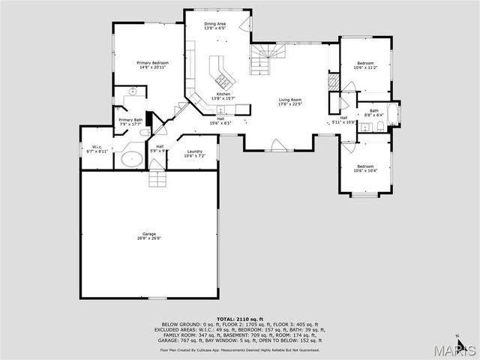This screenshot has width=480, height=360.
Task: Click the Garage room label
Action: click(x=149, y=236)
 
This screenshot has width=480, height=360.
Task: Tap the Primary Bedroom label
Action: click(x=152, y=64)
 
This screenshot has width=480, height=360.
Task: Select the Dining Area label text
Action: click(x=217, y=25)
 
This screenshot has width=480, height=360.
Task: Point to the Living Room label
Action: click(x=290, y=101)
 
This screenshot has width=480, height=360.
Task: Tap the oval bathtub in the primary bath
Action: click(x=132, y=158)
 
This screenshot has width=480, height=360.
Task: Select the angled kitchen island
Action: click(x=221, y=71)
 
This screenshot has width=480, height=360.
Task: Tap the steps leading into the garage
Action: click(x=156, y=179)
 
